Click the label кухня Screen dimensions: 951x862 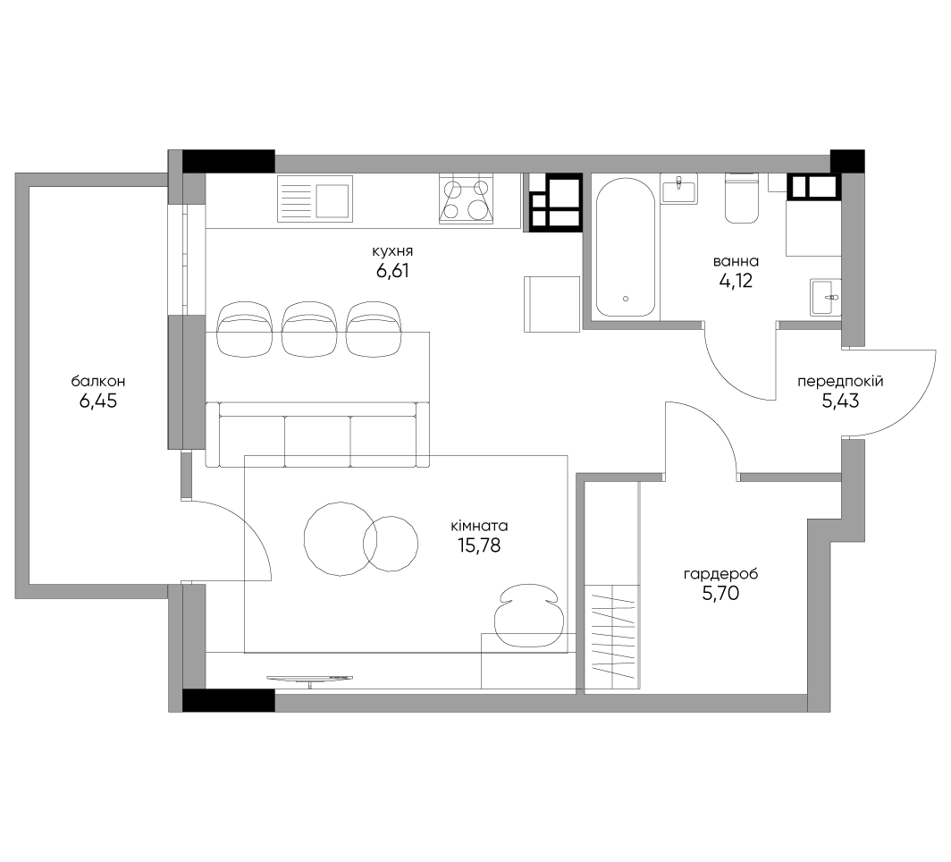393,251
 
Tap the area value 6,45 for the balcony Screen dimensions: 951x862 98,401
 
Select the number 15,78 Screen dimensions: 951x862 479,545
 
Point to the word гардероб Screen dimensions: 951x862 720,574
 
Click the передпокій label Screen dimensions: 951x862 840,382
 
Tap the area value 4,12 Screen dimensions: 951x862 735,281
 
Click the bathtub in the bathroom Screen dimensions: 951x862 626,248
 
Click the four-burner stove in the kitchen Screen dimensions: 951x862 467,199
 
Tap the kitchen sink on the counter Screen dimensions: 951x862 316,198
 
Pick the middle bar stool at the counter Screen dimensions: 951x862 308,328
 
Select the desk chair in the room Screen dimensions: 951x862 526,615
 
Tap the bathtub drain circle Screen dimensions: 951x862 626,299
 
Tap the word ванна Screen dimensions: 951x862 736,261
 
